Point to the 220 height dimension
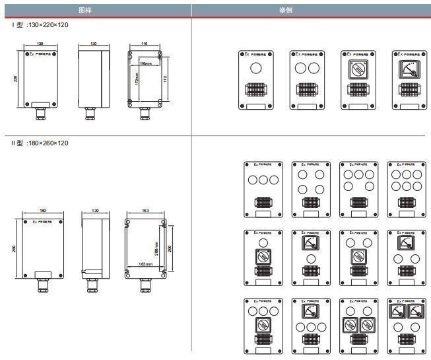[16, 79]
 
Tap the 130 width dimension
[40, 44]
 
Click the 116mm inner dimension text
[146, 64]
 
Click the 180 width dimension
[43, 211]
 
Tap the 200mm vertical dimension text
[156, 248]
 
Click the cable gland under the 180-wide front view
[44, 283]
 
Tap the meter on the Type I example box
[409, 67]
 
